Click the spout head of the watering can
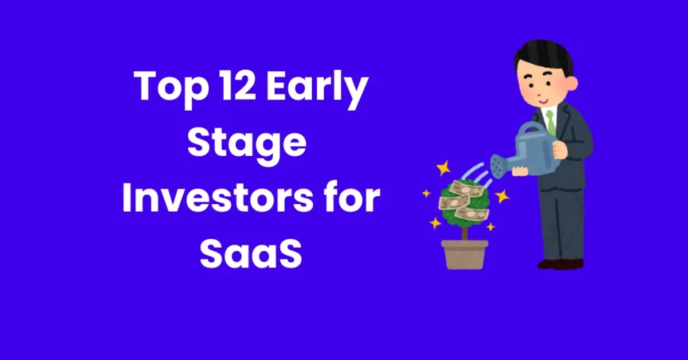coord(497,163)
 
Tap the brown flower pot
coord(464,254)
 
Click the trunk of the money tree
coord(464,231)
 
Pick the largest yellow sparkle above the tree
coord(443,167)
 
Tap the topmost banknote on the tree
coord(464,186)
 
